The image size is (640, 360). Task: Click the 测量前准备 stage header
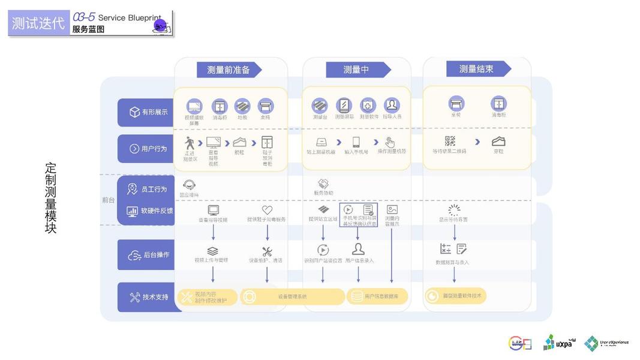[229, 70]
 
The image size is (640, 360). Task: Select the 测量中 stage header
[356, 70]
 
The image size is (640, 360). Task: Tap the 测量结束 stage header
[476, 69]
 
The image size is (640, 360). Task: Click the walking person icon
[190, 143]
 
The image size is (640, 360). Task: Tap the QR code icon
[450, 142]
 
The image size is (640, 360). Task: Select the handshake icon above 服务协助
[323, 184]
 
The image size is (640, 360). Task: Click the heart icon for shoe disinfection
[267, 210]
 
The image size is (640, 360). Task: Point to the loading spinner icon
[454, 210]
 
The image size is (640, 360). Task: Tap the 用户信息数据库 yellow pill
[377, 296]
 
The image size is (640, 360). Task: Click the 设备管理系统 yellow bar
[292, 296]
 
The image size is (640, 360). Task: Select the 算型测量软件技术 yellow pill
[455, 296]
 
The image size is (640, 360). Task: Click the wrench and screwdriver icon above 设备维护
[267, 252]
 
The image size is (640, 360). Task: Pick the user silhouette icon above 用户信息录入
[358, 250]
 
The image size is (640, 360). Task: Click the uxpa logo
[557, 343]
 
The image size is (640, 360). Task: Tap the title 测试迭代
[38, 23]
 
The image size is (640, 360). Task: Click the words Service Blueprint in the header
[128, 18]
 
